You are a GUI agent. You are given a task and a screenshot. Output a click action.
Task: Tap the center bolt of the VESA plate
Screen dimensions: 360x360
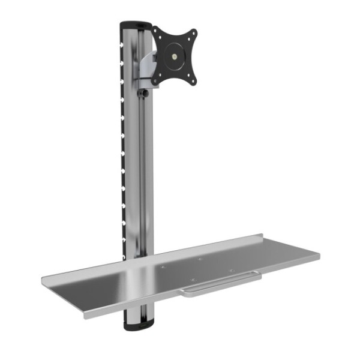coord(175,58)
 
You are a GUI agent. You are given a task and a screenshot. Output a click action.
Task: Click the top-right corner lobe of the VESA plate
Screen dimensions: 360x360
coord(192,34)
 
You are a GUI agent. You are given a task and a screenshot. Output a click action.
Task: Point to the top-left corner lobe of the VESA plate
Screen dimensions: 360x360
coord(156,31)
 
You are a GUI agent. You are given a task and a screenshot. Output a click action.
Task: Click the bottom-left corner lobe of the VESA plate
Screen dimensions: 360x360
coord(156,79)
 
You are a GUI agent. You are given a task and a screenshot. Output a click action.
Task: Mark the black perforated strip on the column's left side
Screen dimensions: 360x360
coord(123,150)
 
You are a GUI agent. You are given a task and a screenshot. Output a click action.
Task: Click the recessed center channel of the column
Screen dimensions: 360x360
coord(142,180)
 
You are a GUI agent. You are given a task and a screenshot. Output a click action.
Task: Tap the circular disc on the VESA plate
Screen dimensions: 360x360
coord(174,58)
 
